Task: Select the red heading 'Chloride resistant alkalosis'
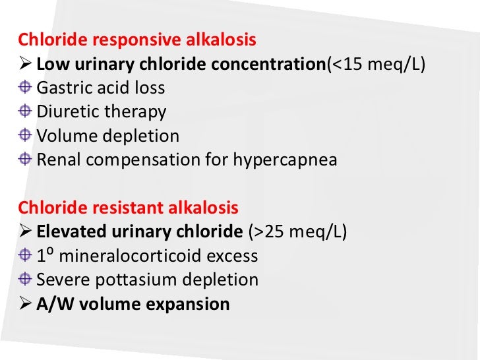(128, 208)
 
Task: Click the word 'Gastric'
(63, 88)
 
